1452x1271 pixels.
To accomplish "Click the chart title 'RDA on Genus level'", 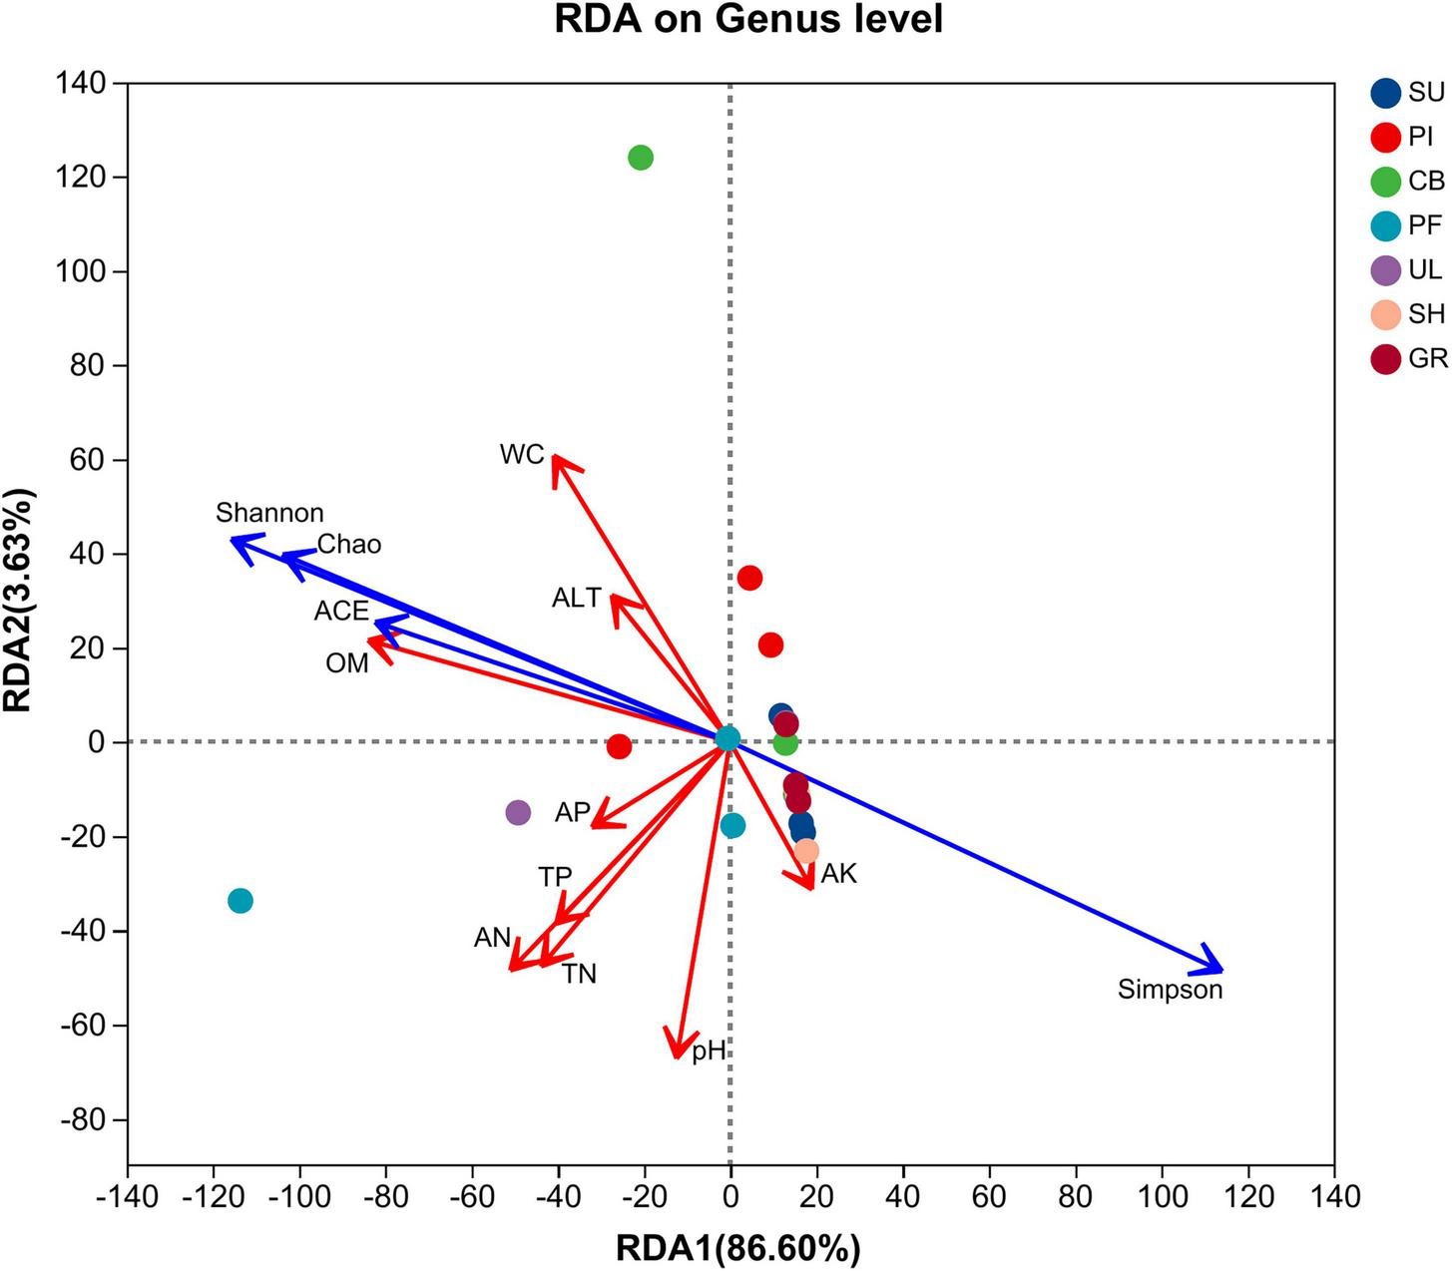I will coord(748,20).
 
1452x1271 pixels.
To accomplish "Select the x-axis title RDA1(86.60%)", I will coord(737,1247).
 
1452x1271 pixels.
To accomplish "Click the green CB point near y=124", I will coord(641,158).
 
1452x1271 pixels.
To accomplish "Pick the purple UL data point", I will coord(518,812).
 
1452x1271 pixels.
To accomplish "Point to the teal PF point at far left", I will coord(240,901).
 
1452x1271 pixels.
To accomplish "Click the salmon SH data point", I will coord(806,851).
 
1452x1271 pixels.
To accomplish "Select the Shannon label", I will coord(269,513).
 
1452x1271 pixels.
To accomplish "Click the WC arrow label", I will coord(522,455).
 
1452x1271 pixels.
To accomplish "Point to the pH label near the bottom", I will coord(709,1051).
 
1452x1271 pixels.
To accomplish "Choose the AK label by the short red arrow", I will coord(838,874).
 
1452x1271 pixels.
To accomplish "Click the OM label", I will coord(347,662).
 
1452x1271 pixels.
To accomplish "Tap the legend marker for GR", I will coord(1386,359).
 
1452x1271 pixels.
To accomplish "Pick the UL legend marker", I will coord(1386,270).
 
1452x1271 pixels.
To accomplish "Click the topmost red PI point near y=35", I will coord(749,578).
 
